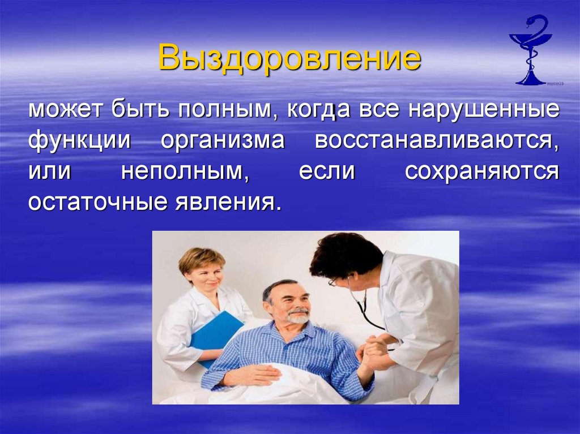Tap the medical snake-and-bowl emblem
pos(530,51)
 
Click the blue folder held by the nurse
pos(216,334)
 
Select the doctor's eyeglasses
pos(334,281)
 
